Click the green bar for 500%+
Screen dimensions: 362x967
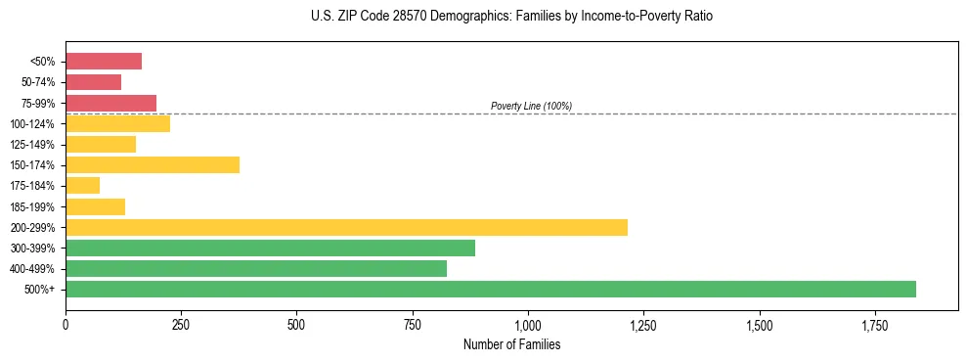[491, 289]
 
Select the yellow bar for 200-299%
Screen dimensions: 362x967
[346, 227]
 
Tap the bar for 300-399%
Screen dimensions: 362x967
[270, 248]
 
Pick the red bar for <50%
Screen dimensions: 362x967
[104, 62]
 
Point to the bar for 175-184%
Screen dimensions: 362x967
[83, 186]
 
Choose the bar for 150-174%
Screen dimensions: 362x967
[153, 165]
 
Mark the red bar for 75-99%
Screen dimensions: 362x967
[110, 103]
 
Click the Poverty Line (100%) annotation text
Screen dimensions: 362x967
[531, 106]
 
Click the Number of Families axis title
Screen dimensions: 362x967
[511, 344]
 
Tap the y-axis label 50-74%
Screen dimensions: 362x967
[39, 82]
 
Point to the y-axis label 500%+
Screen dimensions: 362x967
[41, 290]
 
